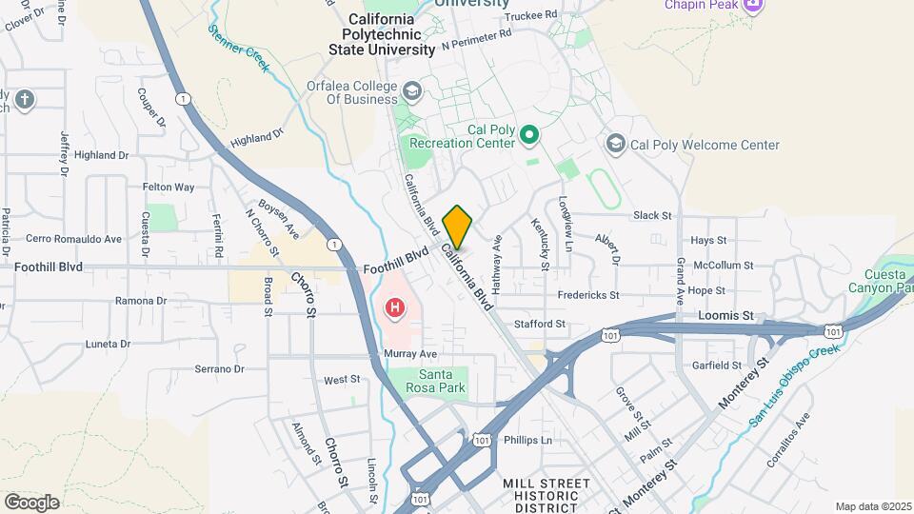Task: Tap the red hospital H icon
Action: pyautogui.click(x=392, y=308)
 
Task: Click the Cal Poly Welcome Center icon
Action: pyautogui.click(x=615, y=144)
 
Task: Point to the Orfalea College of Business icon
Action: pyautogui.click(x=411, y=91)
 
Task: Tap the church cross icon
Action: pyautogui.click(x=25, y=98)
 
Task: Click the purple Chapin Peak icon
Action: pyautogui.click(x=754, y=6)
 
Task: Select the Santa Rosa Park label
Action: pyautogui.click(x=427, y=381)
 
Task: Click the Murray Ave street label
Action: pyautogui.click(x=410, y=353)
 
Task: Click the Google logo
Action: pyautogui.click(x=31, y=502)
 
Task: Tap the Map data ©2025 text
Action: pyautogui.click(x=872, y=506)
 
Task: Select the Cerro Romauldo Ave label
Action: pyautogui.click(x=74, y=239)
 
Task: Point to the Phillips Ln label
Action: pyautogui.click(x=527, y=440)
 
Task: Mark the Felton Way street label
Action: pyautogui.click(x=169, y=188)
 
